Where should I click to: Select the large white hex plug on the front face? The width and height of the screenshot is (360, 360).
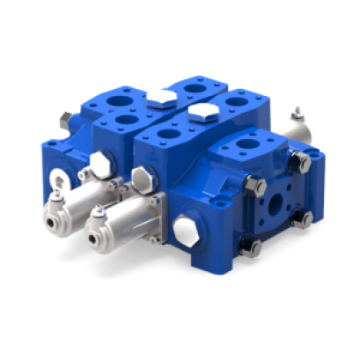[186, 229]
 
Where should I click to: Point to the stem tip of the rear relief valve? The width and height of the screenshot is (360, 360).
[297, 112]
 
